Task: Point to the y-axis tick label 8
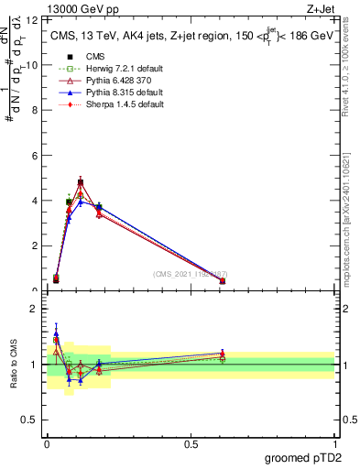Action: click(x=34, y=110)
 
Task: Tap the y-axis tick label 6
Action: click(x=34, y=156)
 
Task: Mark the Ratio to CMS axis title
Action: click(x=14, y=365)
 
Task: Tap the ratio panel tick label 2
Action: click(x=34, y=310)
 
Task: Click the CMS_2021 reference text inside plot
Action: click(x=191, y=275)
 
